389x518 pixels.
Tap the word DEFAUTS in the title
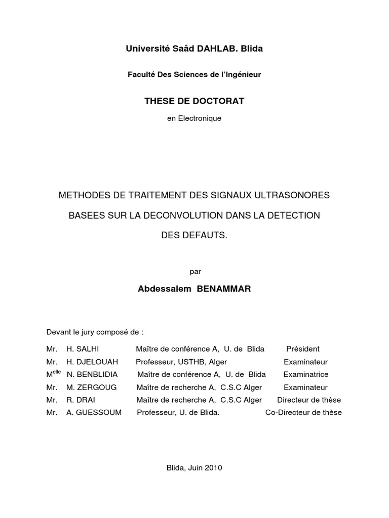click(x=204, y=236)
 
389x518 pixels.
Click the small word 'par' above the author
click(x=195, y=272)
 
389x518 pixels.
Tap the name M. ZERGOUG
click(x=91, y=387)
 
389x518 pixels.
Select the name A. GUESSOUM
click(x=94, y=413)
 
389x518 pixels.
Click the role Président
click(x=303, y=349)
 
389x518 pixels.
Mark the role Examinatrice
click(x=306, y=375)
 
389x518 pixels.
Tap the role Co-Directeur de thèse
click(x=303, y=413)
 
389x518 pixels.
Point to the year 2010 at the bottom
click(x=213, y=468)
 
